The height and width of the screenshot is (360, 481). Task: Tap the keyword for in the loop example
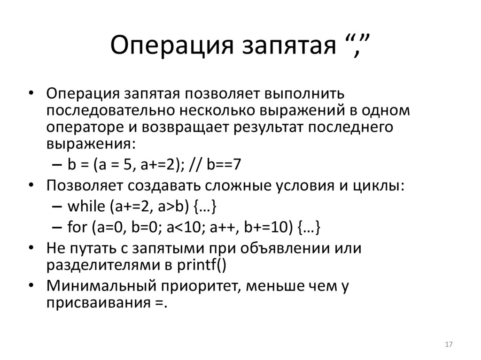77,227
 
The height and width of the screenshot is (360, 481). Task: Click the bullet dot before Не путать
31,248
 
